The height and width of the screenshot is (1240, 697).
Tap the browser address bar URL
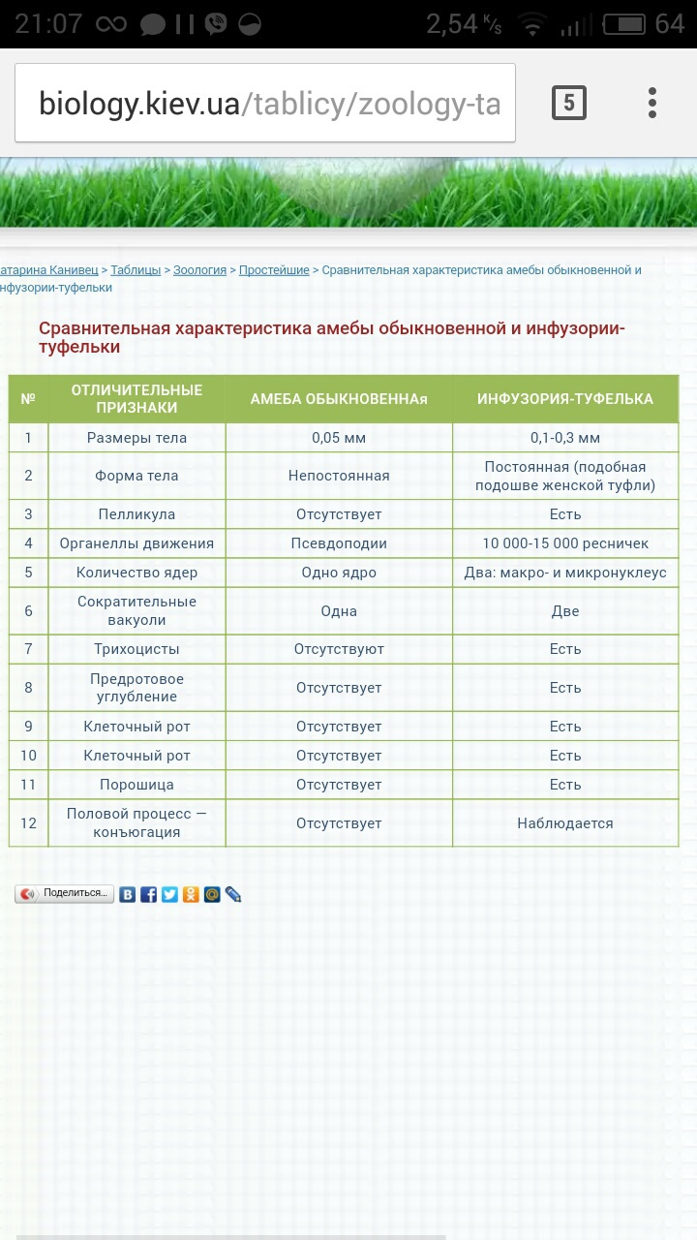[x=266, y=104]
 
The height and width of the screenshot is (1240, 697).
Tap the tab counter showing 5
[x=569, y=103]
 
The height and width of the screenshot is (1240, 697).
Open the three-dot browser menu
[x=652, y=103]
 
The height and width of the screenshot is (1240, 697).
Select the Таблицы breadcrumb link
[x=136, y=270]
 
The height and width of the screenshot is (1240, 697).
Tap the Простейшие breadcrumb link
[x=274, y=270]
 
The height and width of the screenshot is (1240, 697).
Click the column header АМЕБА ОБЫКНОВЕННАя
[x=339, y=399]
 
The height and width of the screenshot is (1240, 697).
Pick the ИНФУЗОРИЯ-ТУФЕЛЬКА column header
[x=565, y=399]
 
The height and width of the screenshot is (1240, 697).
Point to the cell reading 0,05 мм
[x=339, y=438]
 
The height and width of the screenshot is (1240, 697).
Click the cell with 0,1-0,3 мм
[x=565, y=438]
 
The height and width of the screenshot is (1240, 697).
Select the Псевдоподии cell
[x=339, y=543]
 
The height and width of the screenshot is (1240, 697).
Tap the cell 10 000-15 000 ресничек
[x=565, y=543]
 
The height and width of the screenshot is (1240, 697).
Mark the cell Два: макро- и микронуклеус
[x=565, y=573]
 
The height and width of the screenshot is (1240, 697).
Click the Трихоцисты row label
[x=136, y=649]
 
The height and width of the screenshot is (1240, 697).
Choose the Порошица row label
[x=136, y=785]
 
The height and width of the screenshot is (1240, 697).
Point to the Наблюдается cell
[x=565, y=823]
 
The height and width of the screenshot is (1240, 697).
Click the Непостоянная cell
[x=339, y=476]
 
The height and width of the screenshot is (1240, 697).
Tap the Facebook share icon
[x=148, y=894]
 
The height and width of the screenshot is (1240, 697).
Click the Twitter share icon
[x=169, y=894]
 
